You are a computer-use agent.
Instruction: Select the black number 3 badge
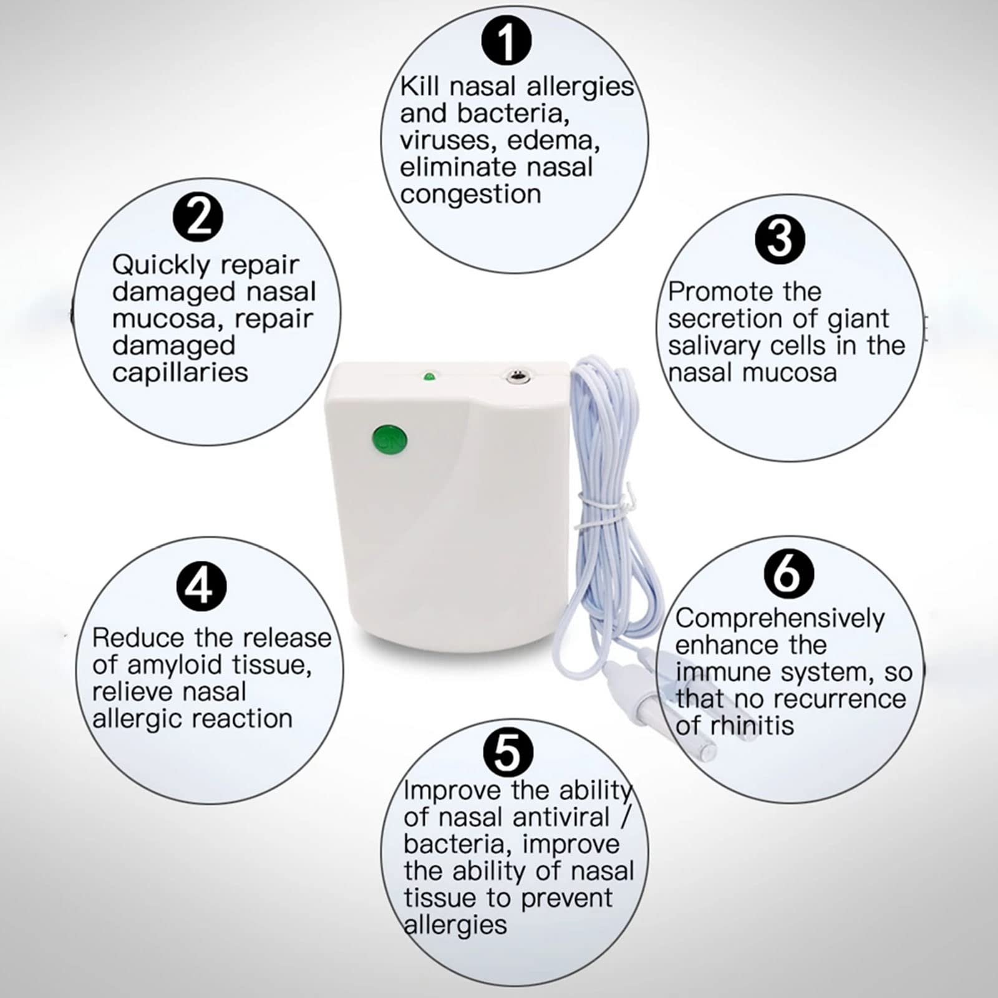780,238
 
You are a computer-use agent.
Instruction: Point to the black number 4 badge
201,586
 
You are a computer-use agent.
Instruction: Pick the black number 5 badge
508,752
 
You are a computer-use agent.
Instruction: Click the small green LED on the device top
429,377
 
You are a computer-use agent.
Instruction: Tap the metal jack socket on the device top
515,376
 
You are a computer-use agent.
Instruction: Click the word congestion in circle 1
470,195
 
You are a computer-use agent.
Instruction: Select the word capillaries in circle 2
180,373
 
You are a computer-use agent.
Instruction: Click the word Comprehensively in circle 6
780,619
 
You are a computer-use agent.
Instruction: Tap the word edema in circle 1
553,141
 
